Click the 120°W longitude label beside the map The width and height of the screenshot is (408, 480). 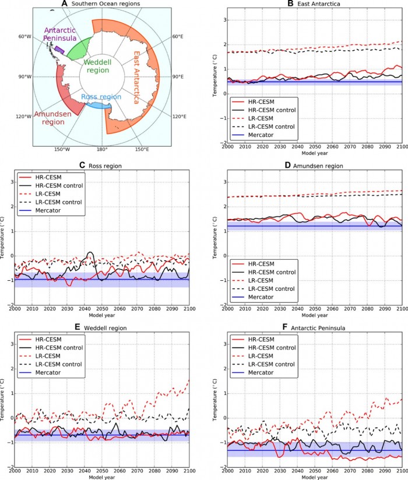(x=24, y=117)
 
